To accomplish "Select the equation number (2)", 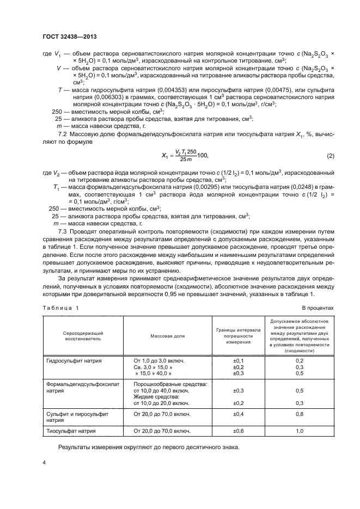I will click(330, 156).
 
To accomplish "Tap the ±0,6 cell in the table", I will click(239, 431).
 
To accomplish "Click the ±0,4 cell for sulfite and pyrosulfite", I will click(239, 414).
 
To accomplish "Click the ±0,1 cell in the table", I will click(239, 360).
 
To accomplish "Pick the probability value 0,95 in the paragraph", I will click(159, 295).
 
